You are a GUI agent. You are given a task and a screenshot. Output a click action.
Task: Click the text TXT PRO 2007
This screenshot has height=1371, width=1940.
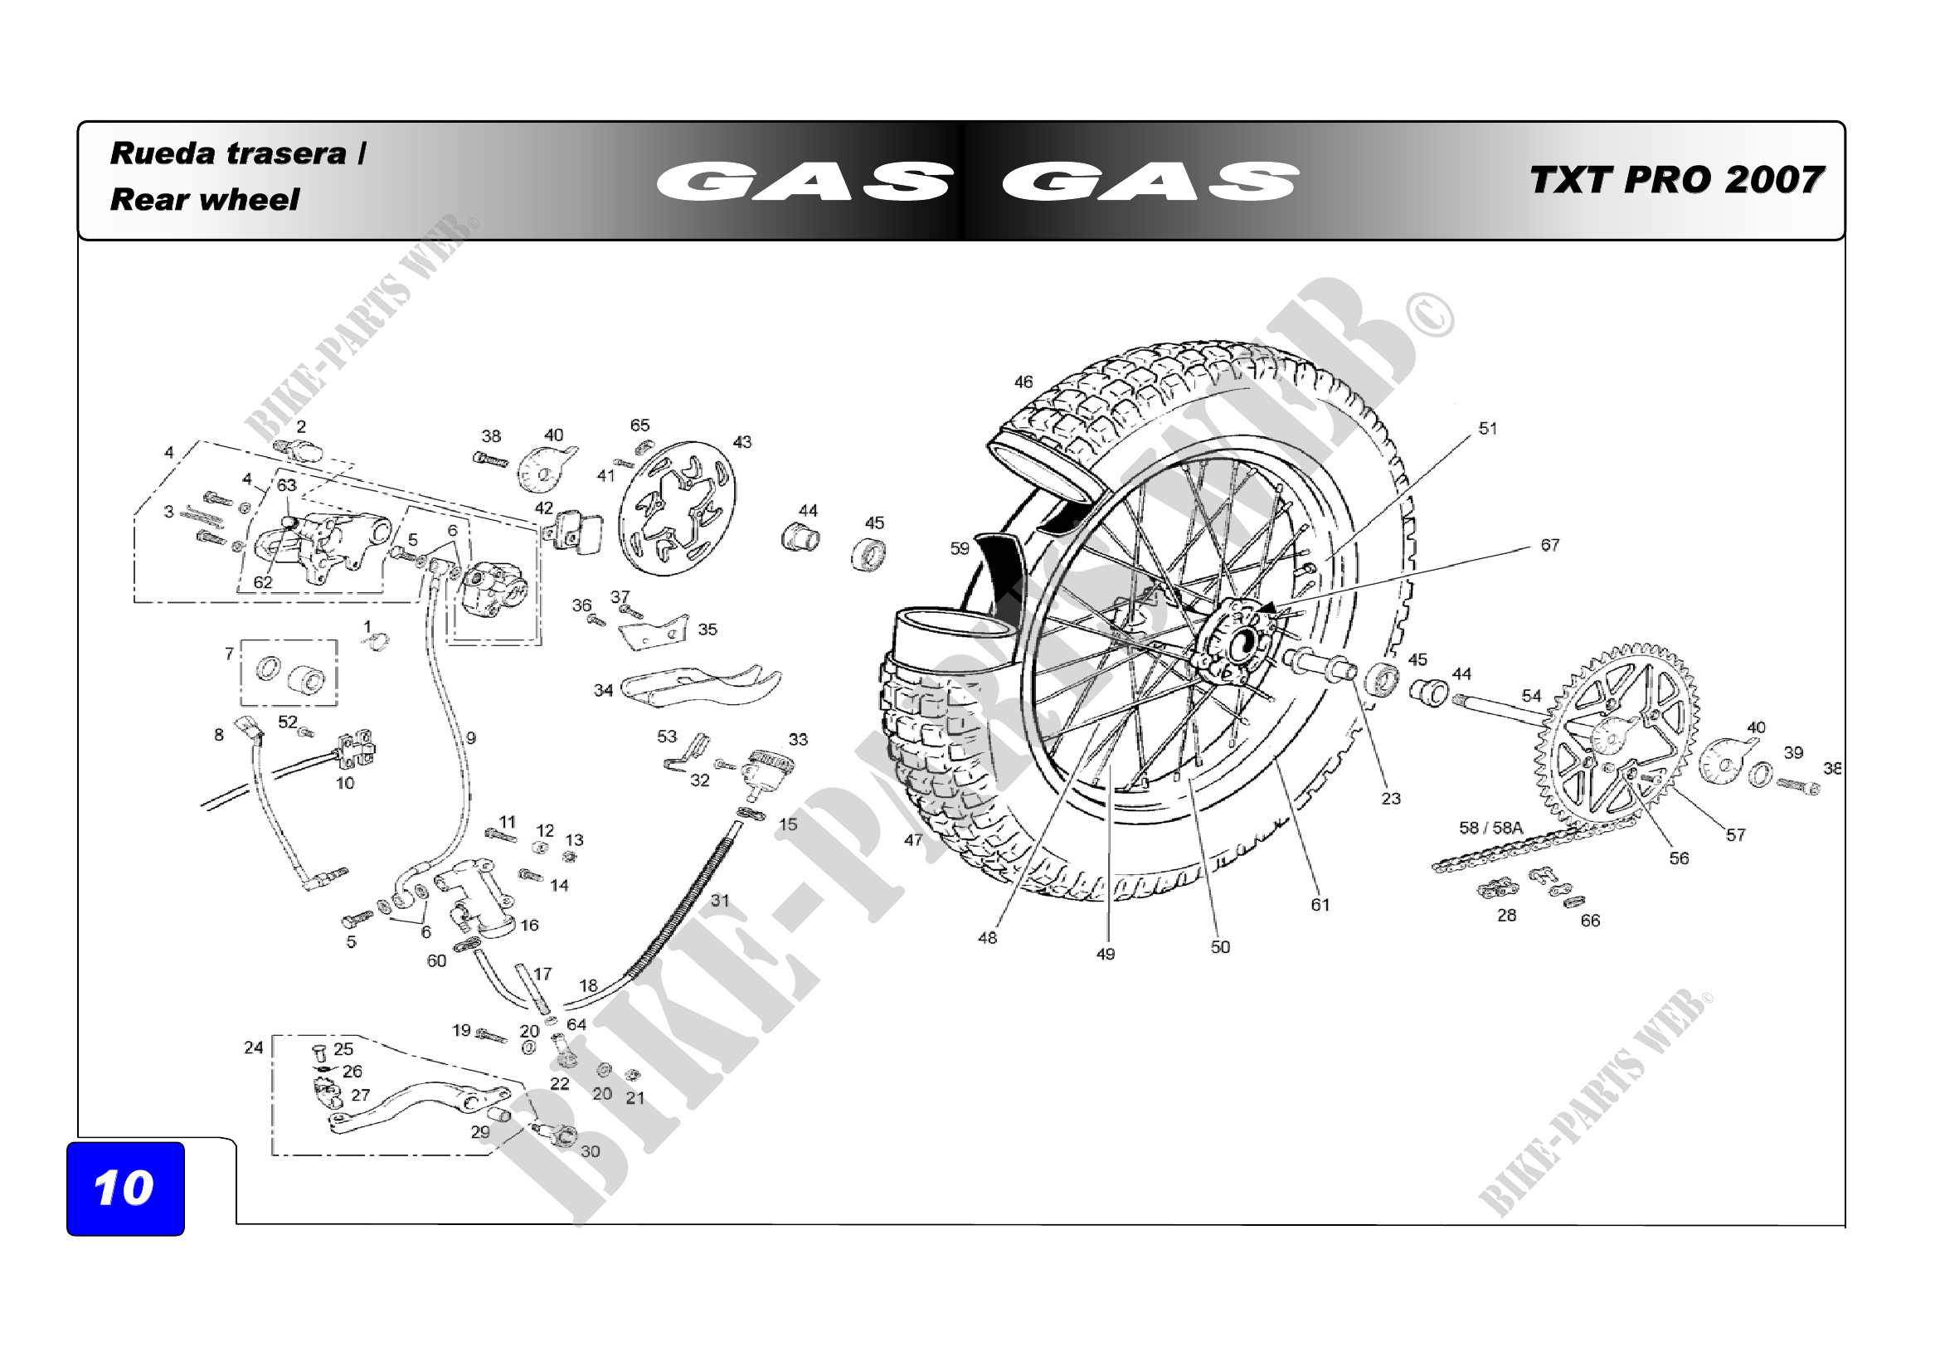[1676, 180]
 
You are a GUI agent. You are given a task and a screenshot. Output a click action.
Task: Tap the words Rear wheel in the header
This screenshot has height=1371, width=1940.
[205, 200]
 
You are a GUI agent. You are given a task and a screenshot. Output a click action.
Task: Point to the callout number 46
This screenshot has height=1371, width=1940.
[1023, 382]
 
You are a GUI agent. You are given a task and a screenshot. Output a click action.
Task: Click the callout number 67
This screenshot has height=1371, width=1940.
[1549, 546]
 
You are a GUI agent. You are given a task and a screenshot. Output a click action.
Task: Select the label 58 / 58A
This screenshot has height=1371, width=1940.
[1490, 828]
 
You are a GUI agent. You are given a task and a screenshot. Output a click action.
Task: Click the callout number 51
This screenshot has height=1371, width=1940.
[1488, 429]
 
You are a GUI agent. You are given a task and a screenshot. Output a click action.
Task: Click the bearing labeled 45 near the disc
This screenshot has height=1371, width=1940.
[868, 555]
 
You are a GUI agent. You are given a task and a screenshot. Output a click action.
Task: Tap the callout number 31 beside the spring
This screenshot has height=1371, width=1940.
[719, 901]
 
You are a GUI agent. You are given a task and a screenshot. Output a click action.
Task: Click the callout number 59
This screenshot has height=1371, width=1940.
[960, 549]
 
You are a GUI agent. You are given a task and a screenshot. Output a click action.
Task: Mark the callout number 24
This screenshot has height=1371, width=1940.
[254, 1048]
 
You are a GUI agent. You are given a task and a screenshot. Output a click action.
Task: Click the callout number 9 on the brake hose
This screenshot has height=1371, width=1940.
[470, 738]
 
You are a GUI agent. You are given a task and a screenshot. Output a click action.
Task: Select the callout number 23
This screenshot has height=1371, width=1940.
[1391, 798]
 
